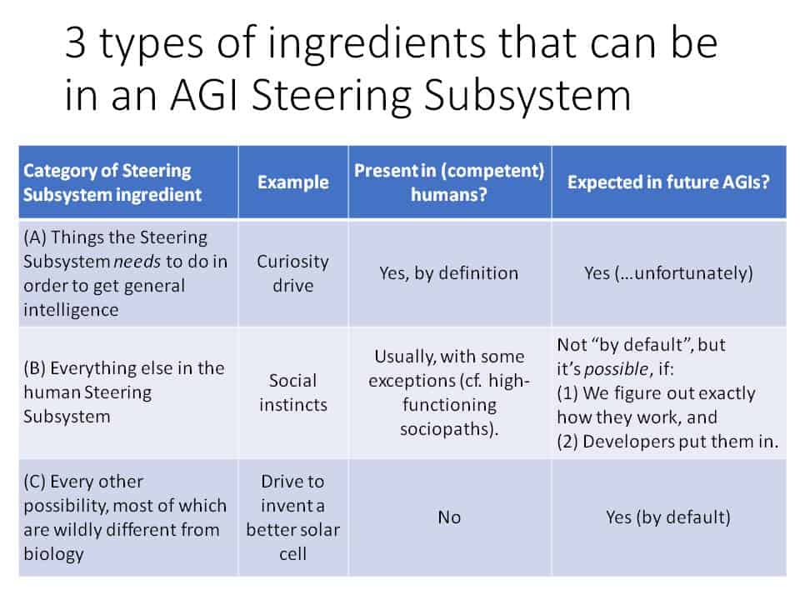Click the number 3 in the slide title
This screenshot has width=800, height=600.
76,43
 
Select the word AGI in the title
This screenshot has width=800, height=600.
205,95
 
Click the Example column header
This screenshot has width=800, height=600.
292,182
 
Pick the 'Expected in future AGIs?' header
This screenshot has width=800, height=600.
668,182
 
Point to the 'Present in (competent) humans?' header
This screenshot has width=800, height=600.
449,182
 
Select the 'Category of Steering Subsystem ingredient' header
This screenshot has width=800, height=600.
112,182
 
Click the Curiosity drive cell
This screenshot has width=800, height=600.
292,273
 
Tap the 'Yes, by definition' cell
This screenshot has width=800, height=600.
448,273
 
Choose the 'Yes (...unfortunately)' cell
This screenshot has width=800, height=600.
668,273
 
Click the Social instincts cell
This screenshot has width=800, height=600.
292,392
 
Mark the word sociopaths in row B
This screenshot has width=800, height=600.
446,429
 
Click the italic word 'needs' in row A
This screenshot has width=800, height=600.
137,262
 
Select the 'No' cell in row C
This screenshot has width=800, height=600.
449,517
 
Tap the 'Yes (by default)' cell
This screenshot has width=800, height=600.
668,517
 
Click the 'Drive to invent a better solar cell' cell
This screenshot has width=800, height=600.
292,517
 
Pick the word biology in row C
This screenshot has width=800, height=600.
53,554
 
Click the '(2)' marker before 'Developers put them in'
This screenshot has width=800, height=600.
567,442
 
